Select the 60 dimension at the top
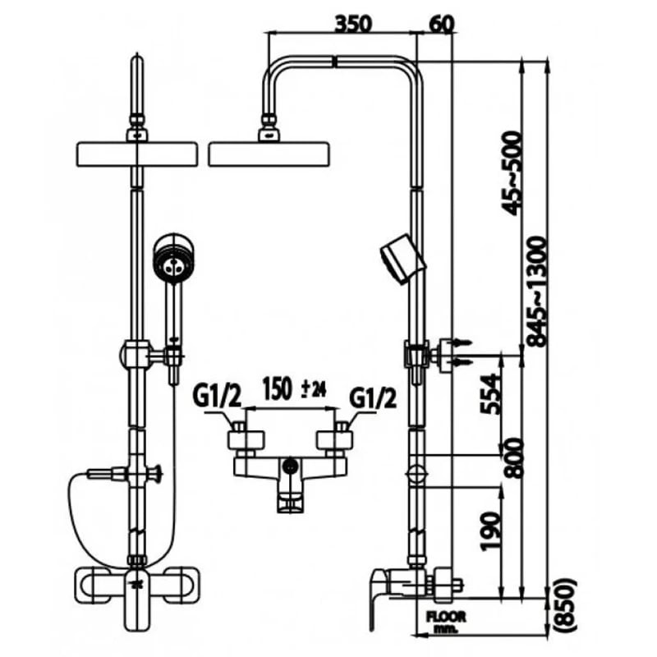[441, 23]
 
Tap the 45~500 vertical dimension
[512, 171]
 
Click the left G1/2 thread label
[217, 397]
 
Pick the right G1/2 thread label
[373, 397]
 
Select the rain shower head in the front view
[136, 154]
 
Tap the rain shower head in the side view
[269, 154]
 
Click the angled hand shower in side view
[402, 259]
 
